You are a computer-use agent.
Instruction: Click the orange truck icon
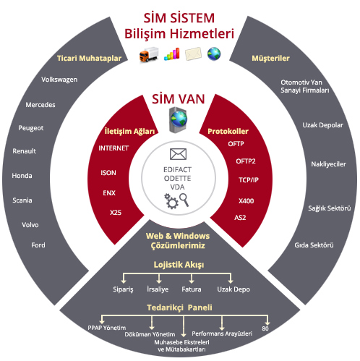coord(149,54)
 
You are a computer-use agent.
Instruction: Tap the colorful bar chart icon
coord(172,54)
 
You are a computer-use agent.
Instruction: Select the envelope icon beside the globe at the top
coord(193,54)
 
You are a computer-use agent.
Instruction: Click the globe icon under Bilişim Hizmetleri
coord(214,54)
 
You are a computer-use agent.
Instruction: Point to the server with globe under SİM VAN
coord(178,120)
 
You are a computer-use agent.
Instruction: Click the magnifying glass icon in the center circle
coord(184,200)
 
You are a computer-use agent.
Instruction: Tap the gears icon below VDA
coord(171,201)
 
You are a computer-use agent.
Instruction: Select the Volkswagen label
coord(59,80)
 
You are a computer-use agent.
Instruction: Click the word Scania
coord(22,200)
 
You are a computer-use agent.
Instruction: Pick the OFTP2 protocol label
coord(246,161)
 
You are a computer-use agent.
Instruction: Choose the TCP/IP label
coord(249,180)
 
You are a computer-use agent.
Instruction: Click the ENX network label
coord(109,193)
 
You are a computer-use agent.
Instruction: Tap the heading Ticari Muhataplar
coord(89,58)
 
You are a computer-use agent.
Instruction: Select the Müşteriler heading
coord(270,59)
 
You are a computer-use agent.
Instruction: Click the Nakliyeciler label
coord(328,164)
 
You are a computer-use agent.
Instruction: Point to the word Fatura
coord(192,289)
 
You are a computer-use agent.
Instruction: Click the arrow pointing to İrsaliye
coord(159,279)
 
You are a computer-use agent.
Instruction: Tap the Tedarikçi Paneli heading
coord(179,307)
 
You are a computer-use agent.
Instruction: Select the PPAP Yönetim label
coord(107,328)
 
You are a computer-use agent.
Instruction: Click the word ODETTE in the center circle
coord(178,179)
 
